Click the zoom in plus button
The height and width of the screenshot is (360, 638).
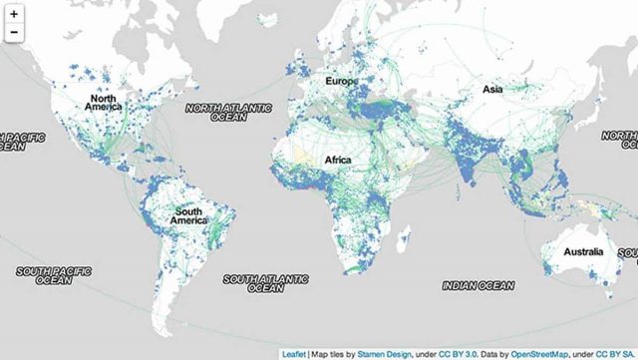pyautogui.click(x=14, y=14)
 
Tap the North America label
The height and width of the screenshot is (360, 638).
pyautogui.click(x=105, y=104)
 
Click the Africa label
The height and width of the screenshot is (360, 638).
pyautogui.click(x=339, y=159)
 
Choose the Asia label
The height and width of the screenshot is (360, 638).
pyautogui.click(x=492, y=89)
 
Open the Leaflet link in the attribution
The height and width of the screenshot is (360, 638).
pyautogui.click(x=295, y=353)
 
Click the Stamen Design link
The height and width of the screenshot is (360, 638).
pyautogui.click(x=379, y=353)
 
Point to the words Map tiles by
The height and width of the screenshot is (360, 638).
pyautogui.click(x=332, y=353)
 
